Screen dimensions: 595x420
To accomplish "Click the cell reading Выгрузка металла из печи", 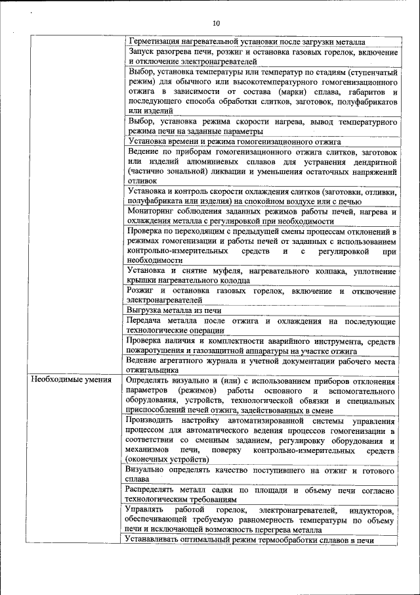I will pyautogui.click(x=175, y=310).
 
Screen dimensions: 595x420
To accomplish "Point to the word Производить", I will pyautogui.click(x=151, y=420).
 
